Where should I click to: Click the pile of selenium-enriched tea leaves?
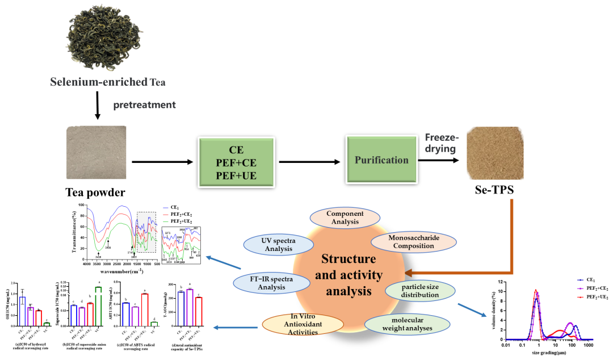click(x=106, y=37)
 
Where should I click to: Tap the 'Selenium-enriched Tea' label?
click(x=108, y=82)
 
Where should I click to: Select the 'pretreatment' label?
click(x=144, y=104)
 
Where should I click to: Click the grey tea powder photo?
click(x=96, y=152)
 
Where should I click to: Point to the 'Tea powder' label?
click(x=95, y=192)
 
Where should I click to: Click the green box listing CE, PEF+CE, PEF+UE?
click(x=236, y=162)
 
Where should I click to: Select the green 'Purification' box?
click(x=381, y=160)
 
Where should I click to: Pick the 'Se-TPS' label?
click(x=494, y=190)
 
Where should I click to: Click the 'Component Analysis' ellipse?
click(x=345, y=217)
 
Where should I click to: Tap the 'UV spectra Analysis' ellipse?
click(x=278, y=245)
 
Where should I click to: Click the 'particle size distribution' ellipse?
click(x=420, y=290)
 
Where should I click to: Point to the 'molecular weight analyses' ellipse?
click(x=407, y=324)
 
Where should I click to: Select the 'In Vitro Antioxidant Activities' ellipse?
click(x=303, y=324)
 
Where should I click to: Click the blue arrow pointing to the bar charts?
click(x=235, y=327)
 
